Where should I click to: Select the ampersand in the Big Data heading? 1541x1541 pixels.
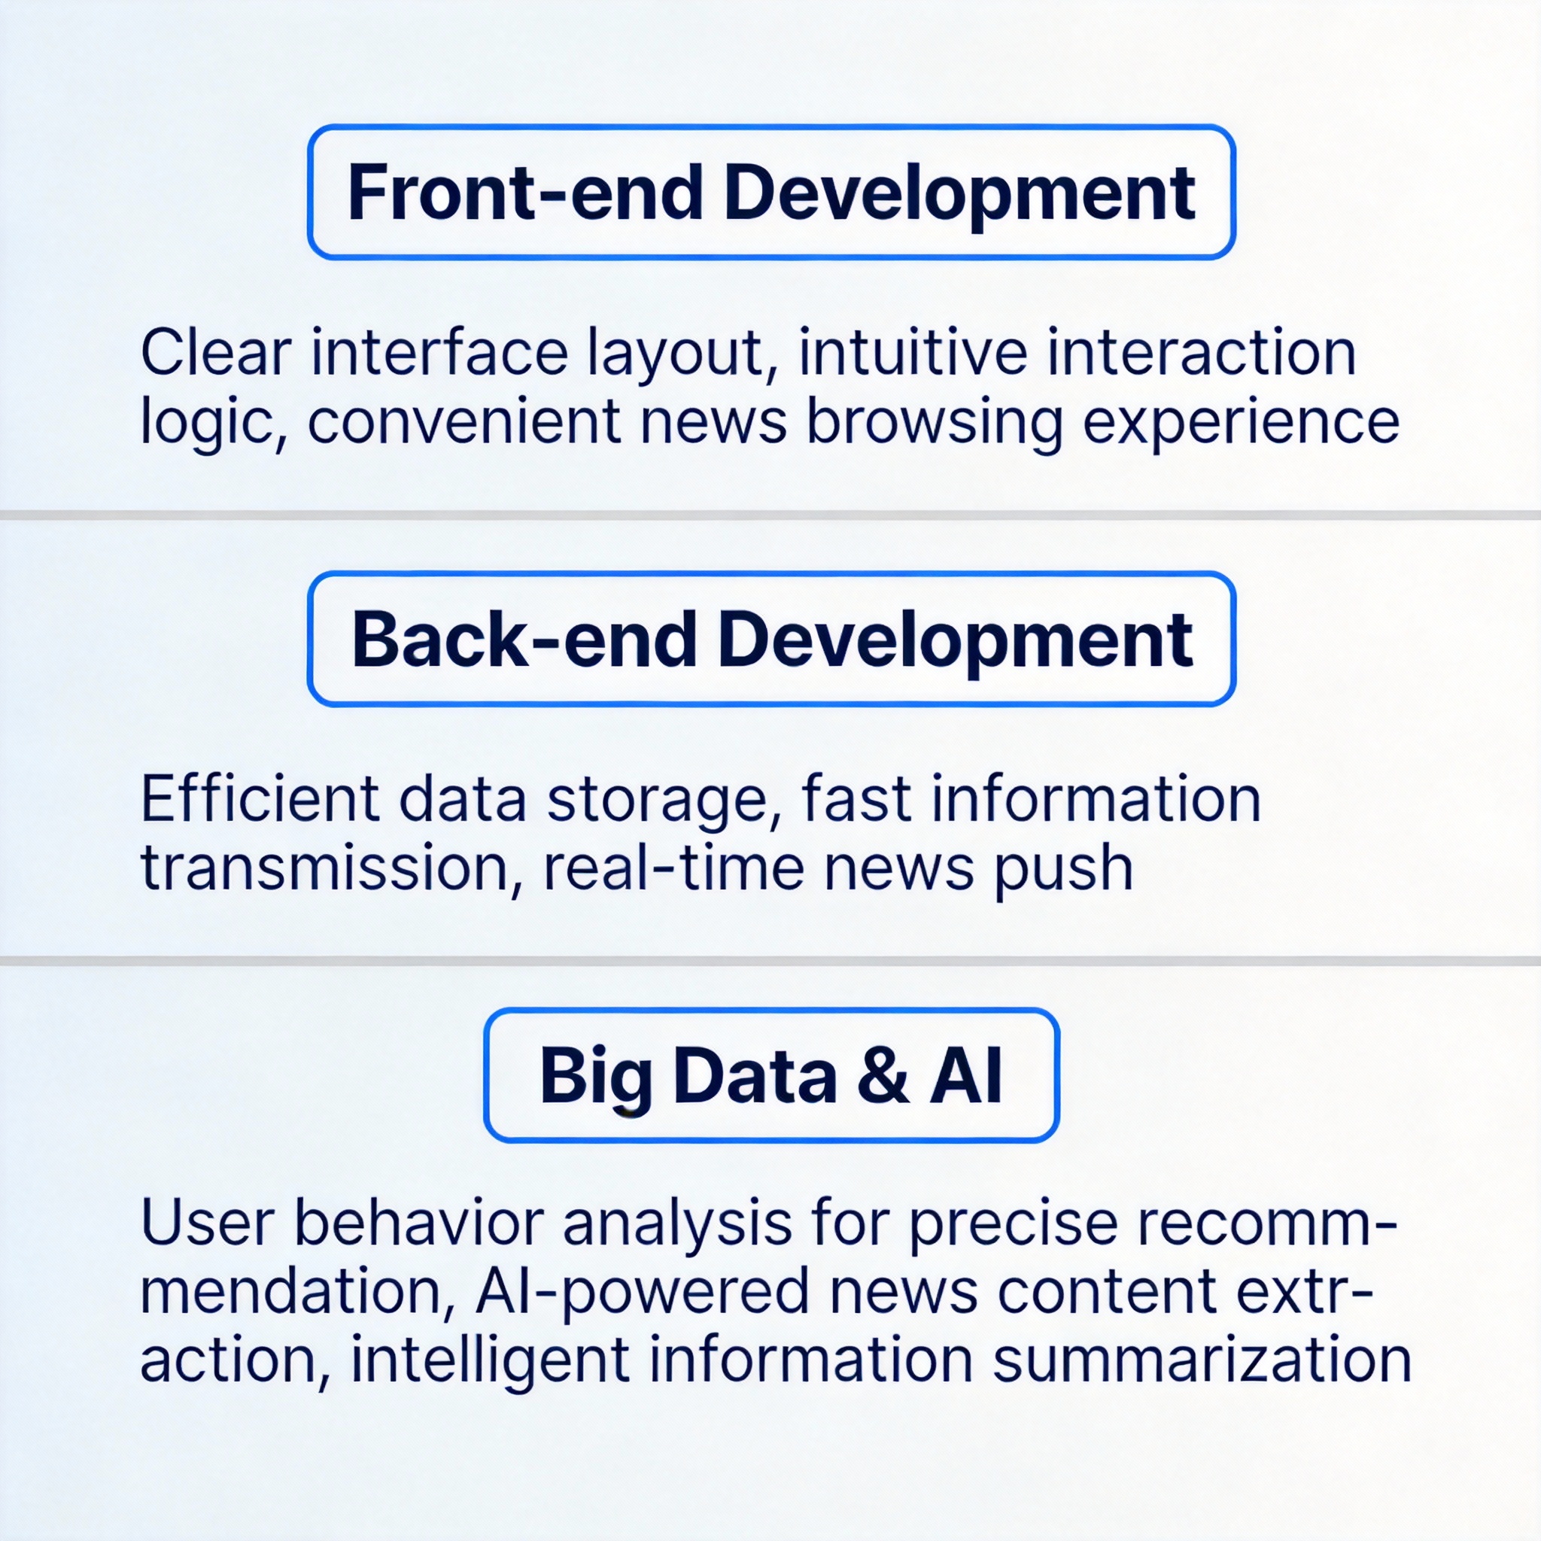[882, 1076]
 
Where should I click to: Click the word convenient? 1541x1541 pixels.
[464, 421]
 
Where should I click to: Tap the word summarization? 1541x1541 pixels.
[1202, 1359]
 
